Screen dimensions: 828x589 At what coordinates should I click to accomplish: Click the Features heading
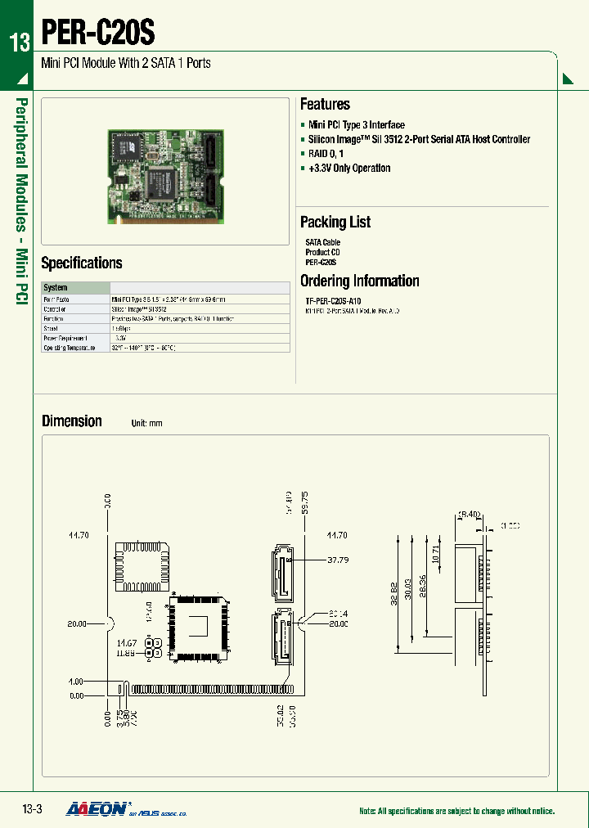[x=325, y=104]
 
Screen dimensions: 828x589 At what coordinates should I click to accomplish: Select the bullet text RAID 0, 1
[x=326, y=154]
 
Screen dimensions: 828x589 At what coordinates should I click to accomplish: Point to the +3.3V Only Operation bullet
[x=349, y=169]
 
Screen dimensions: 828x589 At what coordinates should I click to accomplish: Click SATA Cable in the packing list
[x=322, y=243]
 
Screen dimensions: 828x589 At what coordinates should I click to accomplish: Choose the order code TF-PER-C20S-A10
[x=338, y=302]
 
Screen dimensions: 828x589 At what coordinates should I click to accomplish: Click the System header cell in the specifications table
[x=56, y=288]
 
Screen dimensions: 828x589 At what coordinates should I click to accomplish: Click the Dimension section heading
[x=72, y=421]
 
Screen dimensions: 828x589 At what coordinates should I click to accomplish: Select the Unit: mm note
[x=147, y=424]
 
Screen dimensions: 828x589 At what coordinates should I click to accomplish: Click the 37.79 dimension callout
[x=338, y=560]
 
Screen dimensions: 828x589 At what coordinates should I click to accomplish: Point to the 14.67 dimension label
[x=126, y=644]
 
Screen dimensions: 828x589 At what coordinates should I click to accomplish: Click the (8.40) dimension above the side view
[x=469, y=515]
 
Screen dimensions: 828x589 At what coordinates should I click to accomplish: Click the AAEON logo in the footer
[x=96, y=809]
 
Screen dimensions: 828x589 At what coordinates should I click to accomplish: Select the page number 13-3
[x=31, y=810]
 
